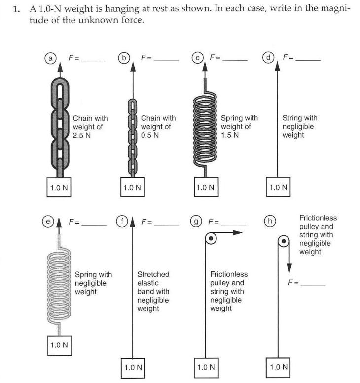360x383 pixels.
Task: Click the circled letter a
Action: click(x=50, y=58)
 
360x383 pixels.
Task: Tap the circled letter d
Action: click(x=268, y=58)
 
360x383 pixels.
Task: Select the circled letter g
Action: click(x=197, y=222)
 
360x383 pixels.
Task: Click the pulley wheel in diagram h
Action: click(x=283, y=242)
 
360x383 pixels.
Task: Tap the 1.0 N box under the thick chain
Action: click(x=59, y=187)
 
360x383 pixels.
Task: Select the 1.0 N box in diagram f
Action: click(x=133, y=367)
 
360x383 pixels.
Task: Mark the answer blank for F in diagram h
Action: click(x=313, y=285)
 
